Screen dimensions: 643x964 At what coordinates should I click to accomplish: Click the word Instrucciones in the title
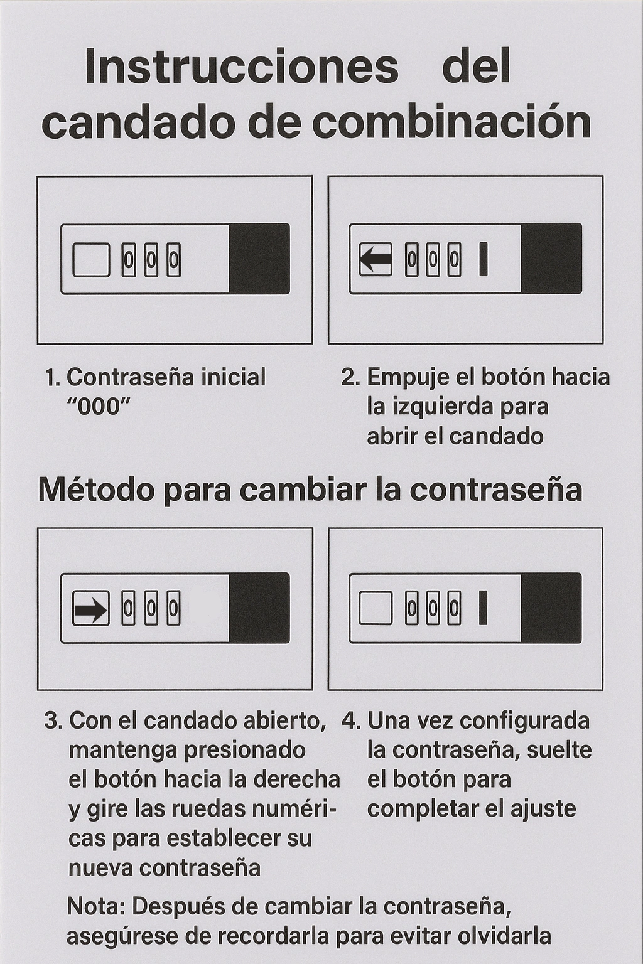pyautogui.click(x=242, y=67)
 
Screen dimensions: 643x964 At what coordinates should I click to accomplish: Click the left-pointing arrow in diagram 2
pyautogui.click(x=376, y=259)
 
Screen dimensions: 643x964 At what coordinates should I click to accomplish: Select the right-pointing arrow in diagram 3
pyautogui.click(x=91, y=610)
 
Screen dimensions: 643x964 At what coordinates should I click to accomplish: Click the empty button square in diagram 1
pyautogui.click(x=91, y=259)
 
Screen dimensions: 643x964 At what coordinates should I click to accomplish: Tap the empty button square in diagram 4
pyautogui.click(x=376, y=608)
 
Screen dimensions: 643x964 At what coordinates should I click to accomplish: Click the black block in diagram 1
pyautogui.click(x=259, y=259)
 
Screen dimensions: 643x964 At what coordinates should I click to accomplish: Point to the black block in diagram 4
pyautogui.click(x=551, y=608)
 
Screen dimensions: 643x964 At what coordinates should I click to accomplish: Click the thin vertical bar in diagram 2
pyautogui.click(x=484, y=259)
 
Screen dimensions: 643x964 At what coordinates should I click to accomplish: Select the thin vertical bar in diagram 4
pyautogui.click(x=484, y=608)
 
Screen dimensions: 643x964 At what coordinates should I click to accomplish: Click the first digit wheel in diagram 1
pyautogui.click(x=128, y=259)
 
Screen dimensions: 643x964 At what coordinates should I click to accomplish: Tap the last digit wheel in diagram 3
pyautogui.click(x=173, y=608)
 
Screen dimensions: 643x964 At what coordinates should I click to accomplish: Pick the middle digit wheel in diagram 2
pyautogui.click(x=433, y=259)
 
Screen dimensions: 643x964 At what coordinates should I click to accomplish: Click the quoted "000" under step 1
pyautogui.click(x=99, y=407)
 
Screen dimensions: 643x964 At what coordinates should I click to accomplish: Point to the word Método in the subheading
pyautogui.click(x=97, y=491)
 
